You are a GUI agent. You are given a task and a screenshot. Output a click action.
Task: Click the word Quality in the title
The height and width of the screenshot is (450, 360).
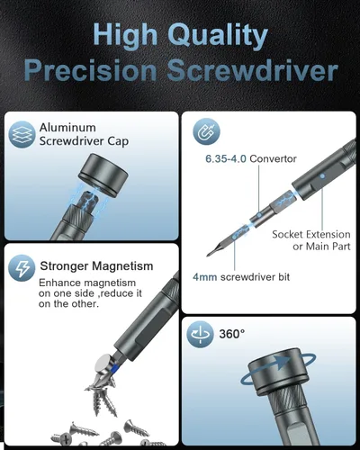[218, 35]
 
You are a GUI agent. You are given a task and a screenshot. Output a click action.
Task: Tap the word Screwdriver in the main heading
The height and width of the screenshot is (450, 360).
[253, 71]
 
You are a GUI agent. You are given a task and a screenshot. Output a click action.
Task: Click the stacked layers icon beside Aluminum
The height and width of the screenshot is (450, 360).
[22, 134]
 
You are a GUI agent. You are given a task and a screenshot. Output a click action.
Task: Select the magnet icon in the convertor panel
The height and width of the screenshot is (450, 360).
[207, 131]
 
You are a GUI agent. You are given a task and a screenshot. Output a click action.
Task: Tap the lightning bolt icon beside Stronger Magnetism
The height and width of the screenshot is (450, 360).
[22, 268]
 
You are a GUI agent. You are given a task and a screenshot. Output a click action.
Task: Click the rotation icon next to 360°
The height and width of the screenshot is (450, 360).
[200, 334]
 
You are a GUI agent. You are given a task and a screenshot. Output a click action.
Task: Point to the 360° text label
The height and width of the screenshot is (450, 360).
[232, 334]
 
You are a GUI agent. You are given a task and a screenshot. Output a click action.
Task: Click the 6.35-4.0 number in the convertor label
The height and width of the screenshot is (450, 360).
[226, 158]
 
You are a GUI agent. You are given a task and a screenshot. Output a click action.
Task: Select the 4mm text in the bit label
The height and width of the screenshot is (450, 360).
[204, 277]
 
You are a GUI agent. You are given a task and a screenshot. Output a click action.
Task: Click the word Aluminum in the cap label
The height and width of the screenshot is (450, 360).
[67, 128]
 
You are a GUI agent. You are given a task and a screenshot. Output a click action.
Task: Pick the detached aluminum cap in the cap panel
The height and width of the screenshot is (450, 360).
[103, 175]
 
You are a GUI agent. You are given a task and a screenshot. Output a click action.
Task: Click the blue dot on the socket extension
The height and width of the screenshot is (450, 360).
[322, 176]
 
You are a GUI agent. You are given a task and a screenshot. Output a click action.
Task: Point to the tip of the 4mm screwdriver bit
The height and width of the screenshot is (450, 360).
[208, 256]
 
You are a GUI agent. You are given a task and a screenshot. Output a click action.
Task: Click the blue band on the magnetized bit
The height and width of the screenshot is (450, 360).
[113, 368]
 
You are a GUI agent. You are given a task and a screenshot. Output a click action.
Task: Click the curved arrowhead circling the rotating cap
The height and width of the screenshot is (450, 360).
[283, 362]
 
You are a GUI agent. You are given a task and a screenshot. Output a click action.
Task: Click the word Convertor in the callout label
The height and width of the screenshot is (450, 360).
[273, 158]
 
